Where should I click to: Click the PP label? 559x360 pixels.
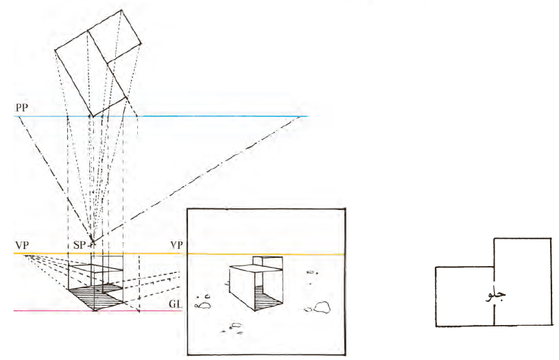22,107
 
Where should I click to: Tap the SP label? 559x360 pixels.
80,245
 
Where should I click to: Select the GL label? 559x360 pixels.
176,304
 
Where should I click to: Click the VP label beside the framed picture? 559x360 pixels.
177,245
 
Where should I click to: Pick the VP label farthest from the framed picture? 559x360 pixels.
22,245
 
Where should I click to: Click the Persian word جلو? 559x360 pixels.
496,295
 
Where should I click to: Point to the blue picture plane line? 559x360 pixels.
161,116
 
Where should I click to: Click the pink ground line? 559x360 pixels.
98,311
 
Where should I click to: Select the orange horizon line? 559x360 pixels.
179,254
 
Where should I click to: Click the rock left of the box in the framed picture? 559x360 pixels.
204,305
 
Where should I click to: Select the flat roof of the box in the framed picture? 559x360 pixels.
256,267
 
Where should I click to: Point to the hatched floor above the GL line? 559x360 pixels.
95,296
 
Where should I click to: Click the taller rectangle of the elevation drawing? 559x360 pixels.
522,282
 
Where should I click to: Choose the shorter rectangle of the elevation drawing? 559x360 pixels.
464,296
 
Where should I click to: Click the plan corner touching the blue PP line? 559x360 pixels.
93,116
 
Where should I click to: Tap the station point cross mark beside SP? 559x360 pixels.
93,244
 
